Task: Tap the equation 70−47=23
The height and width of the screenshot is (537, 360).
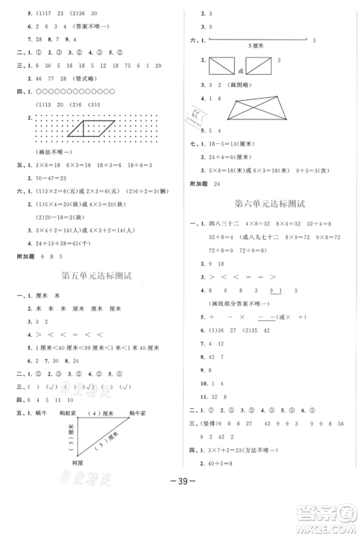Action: [x=55, y=176]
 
